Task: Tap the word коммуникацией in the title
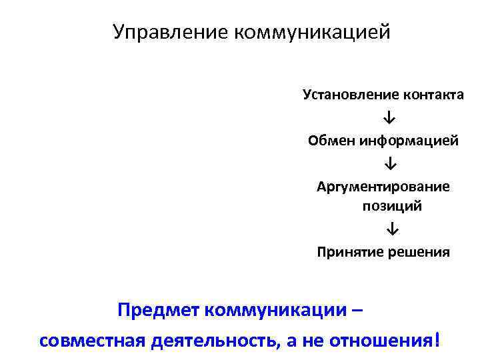311,32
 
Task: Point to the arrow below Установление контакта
389,118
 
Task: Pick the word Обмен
331,141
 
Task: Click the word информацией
409,141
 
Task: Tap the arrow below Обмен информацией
389,163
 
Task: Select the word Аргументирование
383,187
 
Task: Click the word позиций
392,206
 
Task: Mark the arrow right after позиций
391,229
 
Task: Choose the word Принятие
346,252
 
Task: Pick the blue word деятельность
214,341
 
